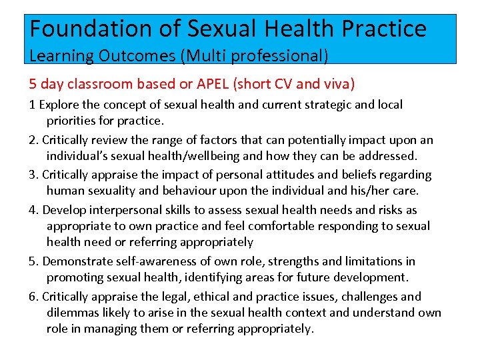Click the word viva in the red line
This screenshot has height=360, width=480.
(x=337, y=84)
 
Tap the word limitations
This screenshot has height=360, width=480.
(x=370, y=261)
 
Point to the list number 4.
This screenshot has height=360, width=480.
(x=33, y=210)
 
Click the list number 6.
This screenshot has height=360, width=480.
(x=33, y=297)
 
